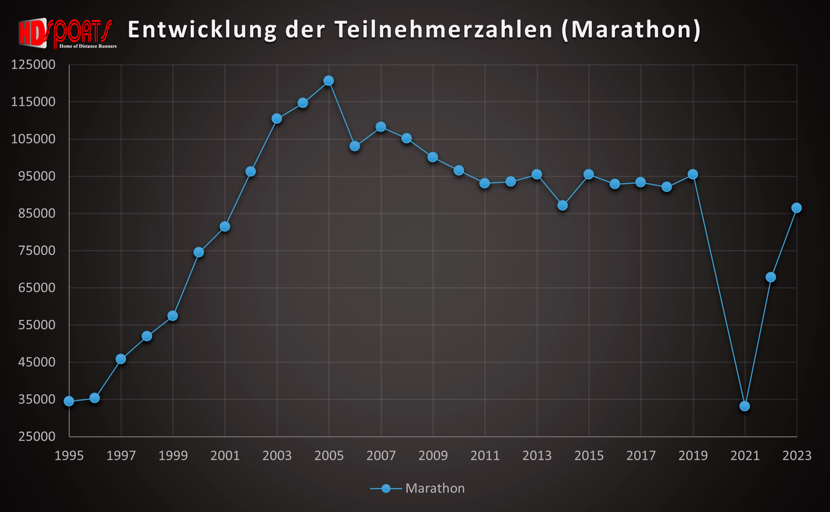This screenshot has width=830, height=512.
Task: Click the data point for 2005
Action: [329, 81]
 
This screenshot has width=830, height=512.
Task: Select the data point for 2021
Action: [745, 406]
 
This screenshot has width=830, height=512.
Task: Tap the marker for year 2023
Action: [797, 208]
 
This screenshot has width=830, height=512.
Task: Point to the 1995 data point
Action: [68, 401]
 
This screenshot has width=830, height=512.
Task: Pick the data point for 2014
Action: [562, 205]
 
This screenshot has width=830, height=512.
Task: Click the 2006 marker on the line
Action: [355, 146]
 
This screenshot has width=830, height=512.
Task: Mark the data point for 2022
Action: [771, 277]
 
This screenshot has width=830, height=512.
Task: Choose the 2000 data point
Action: [199, 252]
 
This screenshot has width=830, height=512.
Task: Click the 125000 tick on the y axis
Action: [33, 64]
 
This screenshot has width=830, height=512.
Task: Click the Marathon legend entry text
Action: [435, 489]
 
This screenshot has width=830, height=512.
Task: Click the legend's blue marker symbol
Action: [386, 489]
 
